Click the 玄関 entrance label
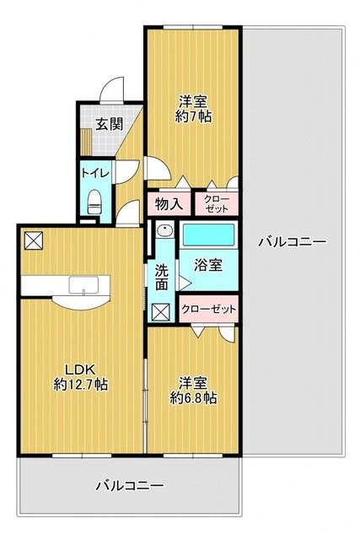[109, 124]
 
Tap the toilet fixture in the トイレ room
[94, 202]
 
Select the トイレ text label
[95, 173]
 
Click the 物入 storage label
[169, 204]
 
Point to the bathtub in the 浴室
[208, 235]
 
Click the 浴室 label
[208, 265]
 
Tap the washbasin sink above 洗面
[164, 230]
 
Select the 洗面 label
[161, 278]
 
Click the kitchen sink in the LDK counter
[83, 285]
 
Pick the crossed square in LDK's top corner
[34, 240]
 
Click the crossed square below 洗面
[161, 312]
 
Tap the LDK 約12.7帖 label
[81, 377]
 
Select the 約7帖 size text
[193, 117]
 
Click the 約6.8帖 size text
[193, 398]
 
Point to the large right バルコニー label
[293, 242]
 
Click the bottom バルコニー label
[129, 486]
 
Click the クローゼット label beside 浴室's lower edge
[208, 309]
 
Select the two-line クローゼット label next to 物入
[217, 204]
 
